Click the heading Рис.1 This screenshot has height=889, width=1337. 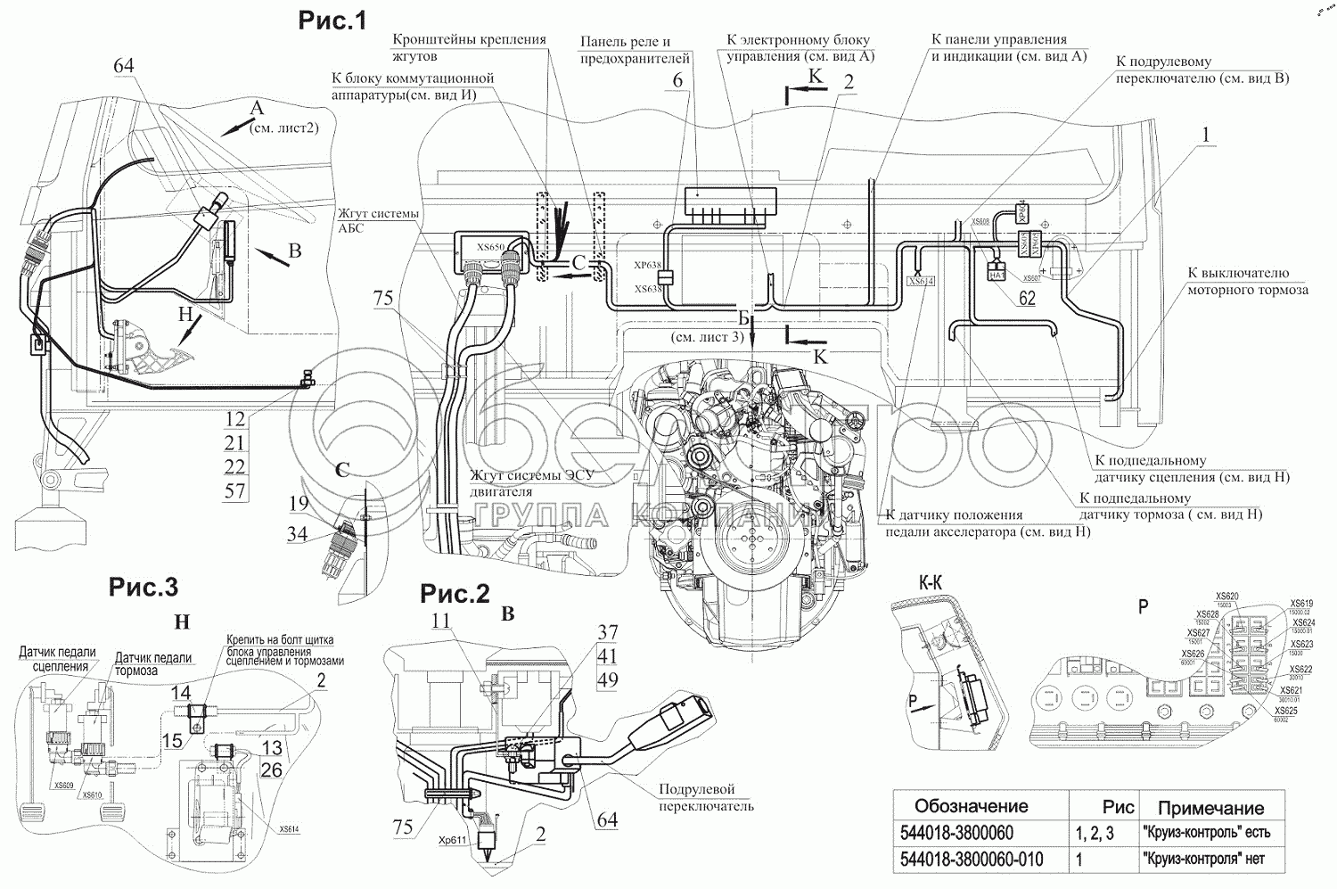(x=332, y=21)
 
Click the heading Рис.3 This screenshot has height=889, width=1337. (x=144, y=587)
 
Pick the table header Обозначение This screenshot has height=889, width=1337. (x=972, y=806)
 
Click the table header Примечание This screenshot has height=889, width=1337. (x=1210, y=808)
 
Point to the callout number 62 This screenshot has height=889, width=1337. (x=1027, y=299)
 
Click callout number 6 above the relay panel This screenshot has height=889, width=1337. (x=677, y=80)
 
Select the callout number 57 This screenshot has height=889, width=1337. (x=234, y=490)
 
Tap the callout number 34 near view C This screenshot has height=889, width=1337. (x=297, y=534)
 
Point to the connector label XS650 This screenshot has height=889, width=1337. (x=490, y=245)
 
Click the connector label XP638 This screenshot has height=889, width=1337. (x=647, y=265)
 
